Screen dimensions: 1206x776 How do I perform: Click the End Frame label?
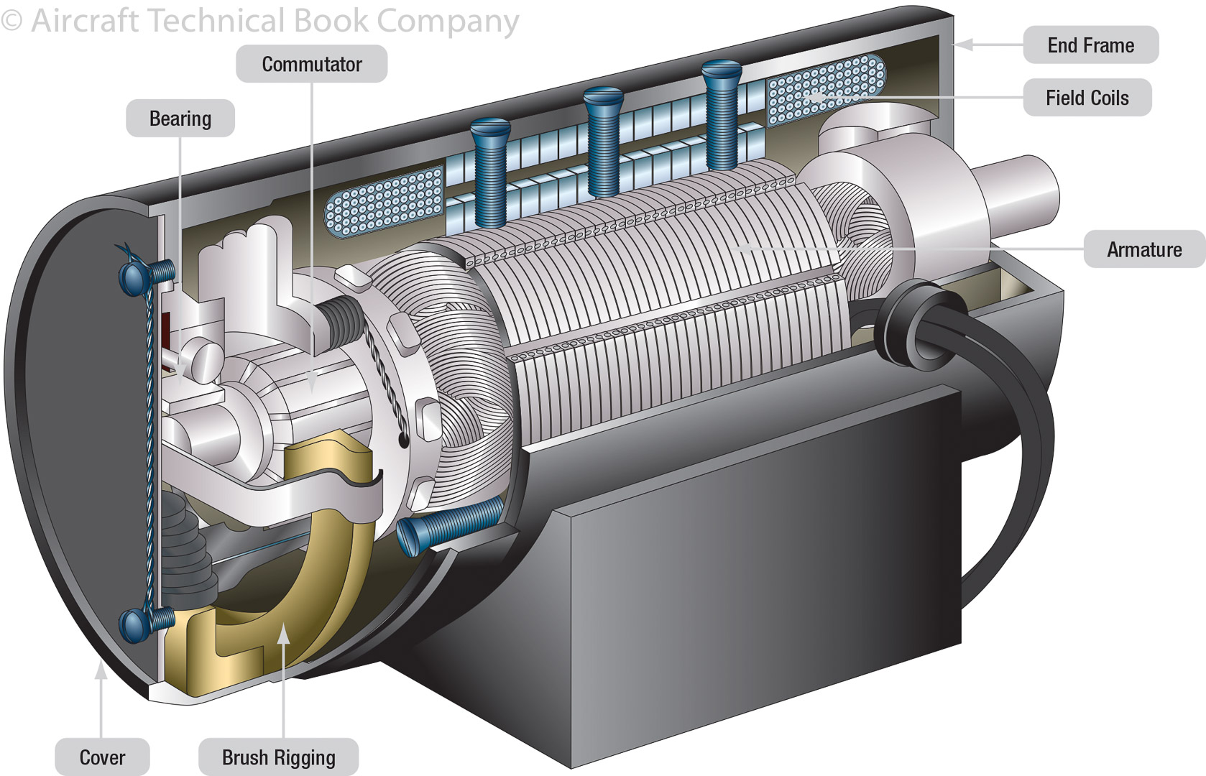tap(1091, 45)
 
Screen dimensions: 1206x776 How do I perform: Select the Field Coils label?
tap(1087, 98)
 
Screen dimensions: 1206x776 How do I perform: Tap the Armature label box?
tap(1144, 249)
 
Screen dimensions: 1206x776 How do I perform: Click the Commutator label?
tap(312, 64)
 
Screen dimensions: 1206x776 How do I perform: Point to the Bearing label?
tap(180, 119)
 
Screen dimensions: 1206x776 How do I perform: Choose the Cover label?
tap(102, 757)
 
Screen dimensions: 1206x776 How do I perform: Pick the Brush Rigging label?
tap(278, 757)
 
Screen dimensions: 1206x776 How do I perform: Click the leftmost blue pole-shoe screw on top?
tap(490, 172)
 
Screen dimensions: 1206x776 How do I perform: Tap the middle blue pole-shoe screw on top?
tap(604, 141)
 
